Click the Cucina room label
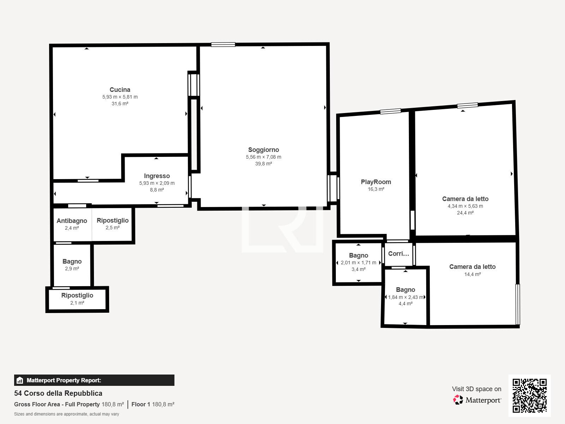120,90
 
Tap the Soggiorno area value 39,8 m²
263,164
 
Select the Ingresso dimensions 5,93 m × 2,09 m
157,183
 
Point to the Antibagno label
72,220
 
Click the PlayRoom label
376,182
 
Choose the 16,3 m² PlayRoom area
376,189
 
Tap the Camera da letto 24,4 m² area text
465,213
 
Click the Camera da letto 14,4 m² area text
472,274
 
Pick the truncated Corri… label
398,254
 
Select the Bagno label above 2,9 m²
72,261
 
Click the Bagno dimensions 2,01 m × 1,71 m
358,263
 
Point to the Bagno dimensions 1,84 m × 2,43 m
406,297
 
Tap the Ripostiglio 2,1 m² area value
77,303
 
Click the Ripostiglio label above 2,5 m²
113,220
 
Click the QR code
529,395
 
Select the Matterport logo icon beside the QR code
458,400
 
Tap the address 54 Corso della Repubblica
58,393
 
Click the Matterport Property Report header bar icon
19,380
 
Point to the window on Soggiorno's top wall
223,45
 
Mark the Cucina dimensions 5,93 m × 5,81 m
120,97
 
